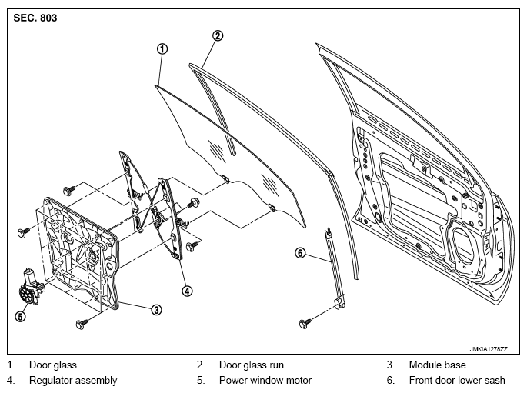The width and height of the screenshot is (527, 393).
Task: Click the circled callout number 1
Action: point(162,49)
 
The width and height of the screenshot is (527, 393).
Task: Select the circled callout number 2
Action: point(218,35)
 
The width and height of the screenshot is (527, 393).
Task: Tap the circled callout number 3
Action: point(156,310)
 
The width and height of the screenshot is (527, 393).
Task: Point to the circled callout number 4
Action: point(187,291)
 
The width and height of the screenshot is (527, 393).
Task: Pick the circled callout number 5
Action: point(21,316)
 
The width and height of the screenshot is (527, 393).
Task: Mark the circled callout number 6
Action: point(300,252)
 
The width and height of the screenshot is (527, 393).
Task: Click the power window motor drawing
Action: point(31,288)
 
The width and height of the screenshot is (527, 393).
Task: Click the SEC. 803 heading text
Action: point(35,18)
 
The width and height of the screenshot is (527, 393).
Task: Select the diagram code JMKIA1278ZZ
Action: point(489,349)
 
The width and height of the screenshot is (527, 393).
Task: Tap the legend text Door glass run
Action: point(252,365)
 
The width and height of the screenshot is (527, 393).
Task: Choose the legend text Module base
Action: point(437,365)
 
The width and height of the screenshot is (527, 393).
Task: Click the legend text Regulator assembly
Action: point(73,380)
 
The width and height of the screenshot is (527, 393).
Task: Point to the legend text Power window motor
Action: point(265,380)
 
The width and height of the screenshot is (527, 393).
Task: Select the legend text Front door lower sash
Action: point(457,380)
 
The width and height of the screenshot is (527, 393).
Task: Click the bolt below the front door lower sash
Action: point(305,324)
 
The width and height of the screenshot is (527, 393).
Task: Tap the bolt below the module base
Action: point(82,324)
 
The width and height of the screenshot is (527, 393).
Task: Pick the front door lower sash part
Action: point(335,268)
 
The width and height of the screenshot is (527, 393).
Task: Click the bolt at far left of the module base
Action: point(23,232)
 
